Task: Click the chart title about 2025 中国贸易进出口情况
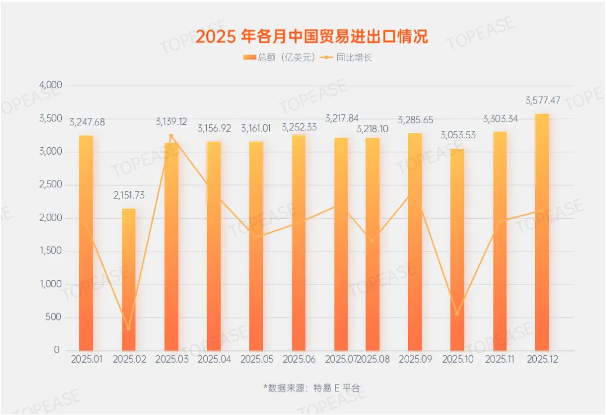[x=311, y=37]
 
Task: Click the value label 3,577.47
[x=542, y=101]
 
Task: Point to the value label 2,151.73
[x=129, y=196]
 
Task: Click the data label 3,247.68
[x=87, y=122]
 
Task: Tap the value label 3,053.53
[x=457, y=136]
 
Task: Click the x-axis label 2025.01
[x=87, y=359]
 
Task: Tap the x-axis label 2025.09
[x=416, y=359]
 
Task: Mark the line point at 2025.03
[x=171, y=136]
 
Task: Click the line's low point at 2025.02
[x=129, y=328]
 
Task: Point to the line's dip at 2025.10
[x=457, y=314]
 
